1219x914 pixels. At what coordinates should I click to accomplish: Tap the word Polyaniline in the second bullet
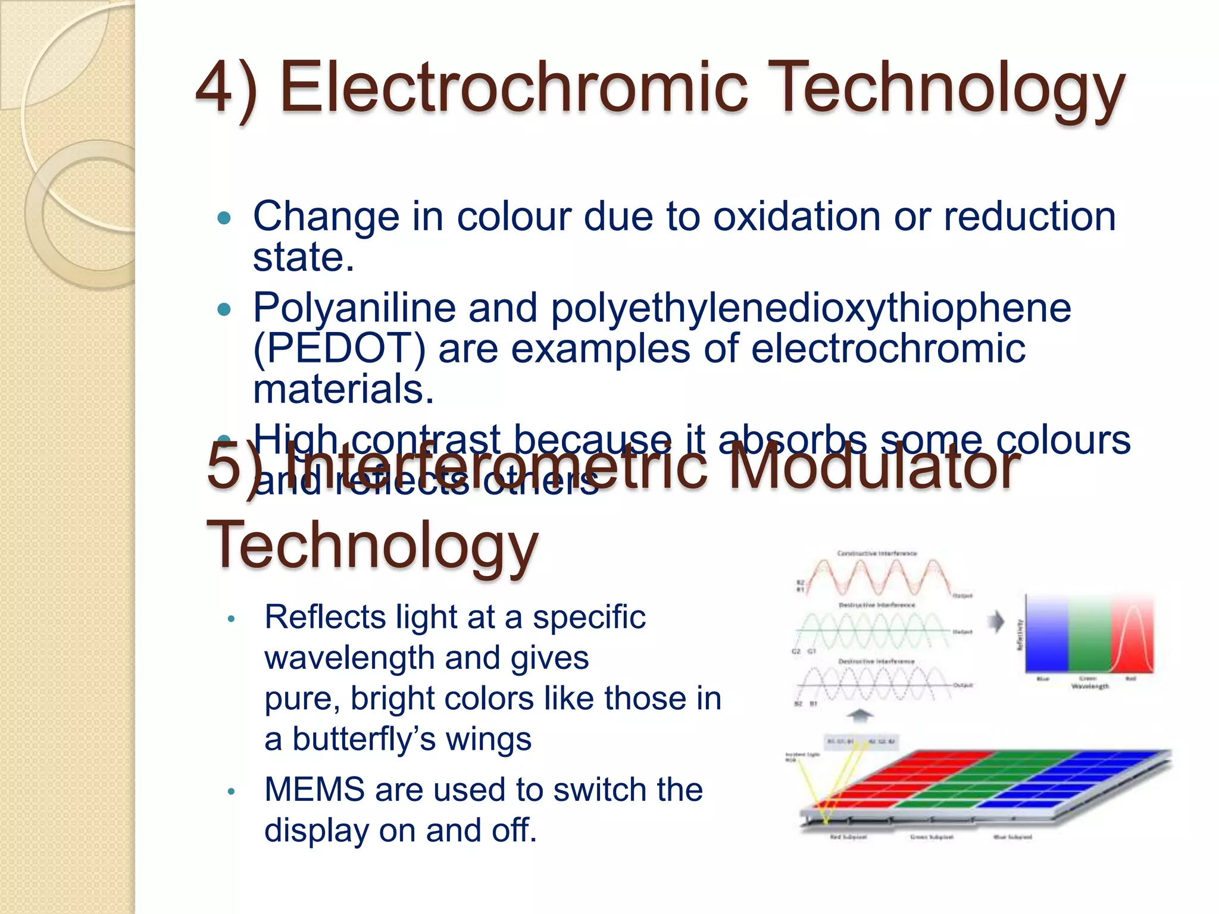[354, 308]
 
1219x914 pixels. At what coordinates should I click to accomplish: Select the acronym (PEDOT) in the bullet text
[339, 349]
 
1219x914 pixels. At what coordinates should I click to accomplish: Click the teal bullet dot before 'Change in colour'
[224, 218]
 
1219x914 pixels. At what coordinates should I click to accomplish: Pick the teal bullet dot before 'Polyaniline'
[224, 310]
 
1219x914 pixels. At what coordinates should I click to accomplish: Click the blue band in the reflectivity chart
[1046, 634]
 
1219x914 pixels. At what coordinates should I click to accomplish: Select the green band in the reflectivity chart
[1089, 634]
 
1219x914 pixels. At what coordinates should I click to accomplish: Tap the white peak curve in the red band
[1132, 631]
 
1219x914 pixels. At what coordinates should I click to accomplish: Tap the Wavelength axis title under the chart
[1090, 687]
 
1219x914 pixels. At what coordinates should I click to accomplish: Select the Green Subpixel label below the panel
[932, 837]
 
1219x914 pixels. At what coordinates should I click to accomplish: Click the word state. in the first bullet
[304, 258]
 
